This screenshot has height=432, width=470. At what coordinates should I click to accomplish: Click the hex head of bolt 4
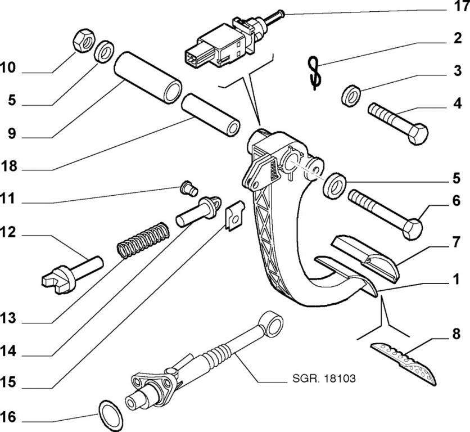[418, 134]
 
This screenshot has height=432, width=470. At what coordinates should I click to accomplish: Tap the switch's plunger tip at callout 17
[281, 13]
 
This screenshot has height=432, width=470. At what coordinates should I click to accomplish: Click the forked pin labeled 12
[73, 272]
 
